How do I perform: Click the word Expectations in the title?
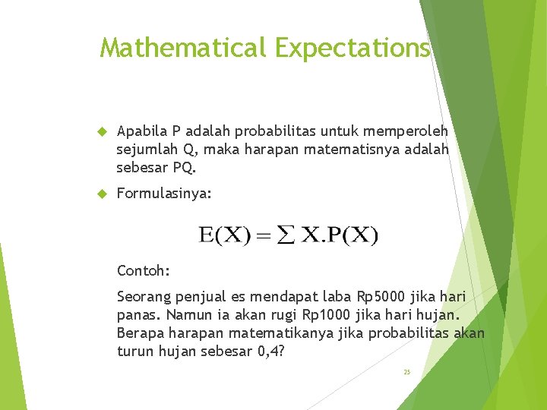[x=353, y=48]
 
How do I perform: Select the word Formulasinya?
[x=164, y=195]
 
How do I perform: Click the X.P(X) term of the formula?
[x=334, y=235]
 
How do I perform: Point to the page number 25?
[x=406, y=372]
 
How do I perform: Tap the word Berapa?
[x=138, y=332]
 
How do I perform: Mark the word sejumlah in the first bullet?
[x=147, y=149]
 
